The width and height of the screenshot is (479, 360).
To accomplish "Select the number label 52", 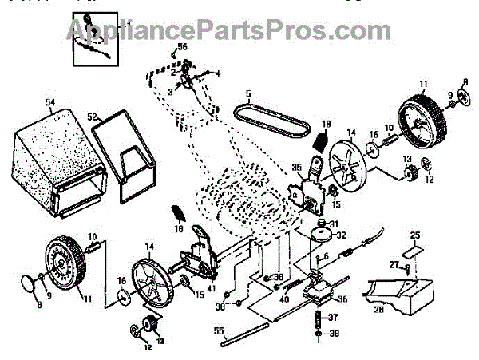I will point(93,117).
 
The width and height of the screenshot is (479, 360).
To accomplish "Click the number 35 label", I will point(296,167).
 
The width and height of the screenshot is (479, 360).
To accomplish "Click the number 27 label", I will point(394,266).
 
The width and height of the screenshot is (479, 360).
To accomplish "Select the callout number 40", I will point(285,300).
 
